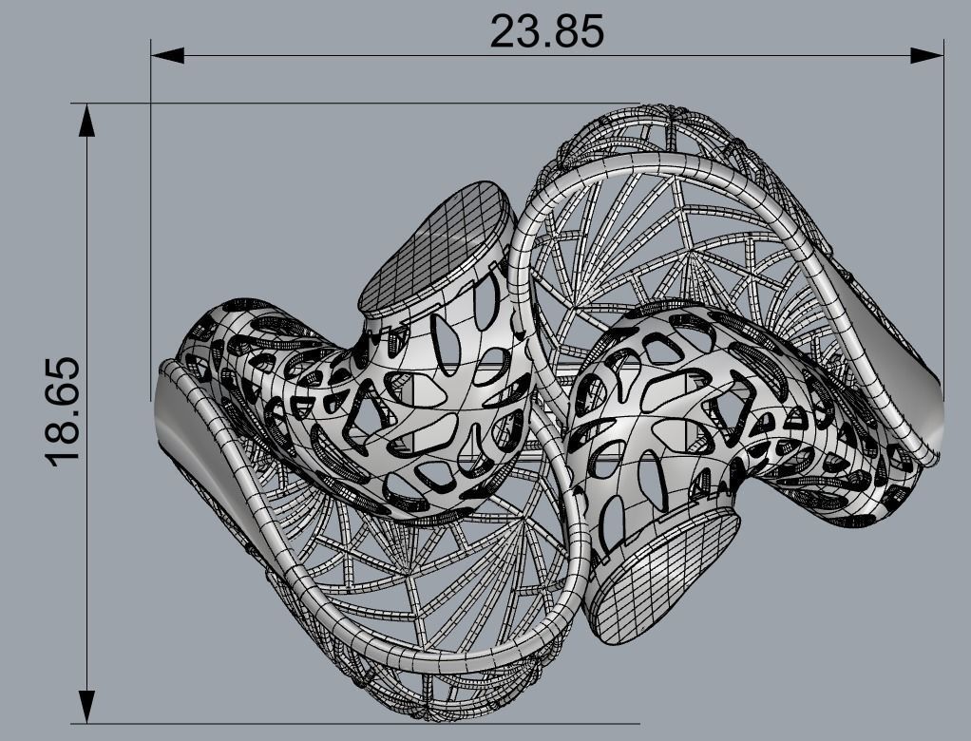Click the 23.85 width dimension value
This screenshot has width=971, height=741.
[546, 30]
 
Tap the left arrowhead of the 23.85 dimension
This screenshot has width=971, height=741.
[167, 55]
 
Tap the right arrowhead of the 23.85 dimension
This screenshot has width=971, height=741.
[927, 55]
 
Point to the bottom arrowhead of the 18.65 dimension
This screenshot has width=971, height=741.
[86, 704]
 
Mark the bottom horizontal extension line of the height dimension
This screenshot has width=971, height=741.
[361, 723]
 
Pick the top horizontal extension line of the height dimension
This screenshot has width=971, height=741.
[361, 104]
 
